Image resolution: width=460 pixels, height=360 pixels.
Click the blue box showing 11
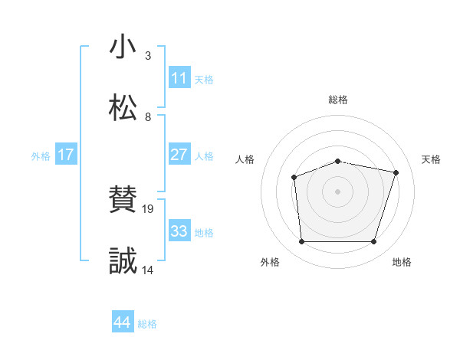pyautogui.click(x=179, y=78)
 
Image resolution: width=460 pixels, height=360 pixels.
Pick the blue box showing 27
pyautogui.click(x=179, y=155)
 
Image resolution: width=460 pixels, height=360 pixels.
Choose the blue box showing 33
pyautogui.click(x=179, y=231)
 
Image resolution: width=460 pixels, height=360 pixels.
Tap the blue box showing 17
pyautogui.click(x=66, y=155)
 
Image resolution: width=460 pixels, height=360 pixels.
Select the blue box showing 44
pyautogui.click(x=123, y=322)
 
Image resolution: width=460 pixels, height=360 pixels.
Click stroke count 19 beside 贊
pyautogui.click(x=149, y=208)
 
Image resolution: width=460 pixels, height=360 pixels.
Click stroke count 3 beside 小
pyautogui.click(x=148, y=56)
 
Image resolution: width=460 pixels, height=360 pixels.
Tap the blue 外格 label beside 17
pyautogui.click(x=41, y=155)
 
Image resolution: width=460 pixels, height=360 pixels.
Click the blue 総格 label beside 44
pyautogui.click(x=147, y=324)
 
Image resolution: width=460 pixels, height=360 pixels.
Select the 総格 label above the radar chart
pyautogui.click(x=338, y=100)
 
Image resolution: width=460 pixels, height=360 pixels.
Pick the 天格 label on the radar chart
pyautogui.click(x=431, y=159)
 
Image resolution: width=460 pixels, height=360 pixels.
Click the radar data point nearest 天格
pyautogui.click(x=396, y=172)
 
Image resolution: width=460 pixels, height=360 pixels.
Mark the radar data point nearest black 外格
pyautogui.click(x=301, y=242)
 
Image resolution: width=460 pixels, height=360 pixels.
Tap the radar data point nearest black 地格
pyautogui.click(x=374, y=242)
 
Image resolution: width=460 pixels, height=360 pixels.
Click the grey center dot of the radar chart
pyautogui.click(x=337, y=191)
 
